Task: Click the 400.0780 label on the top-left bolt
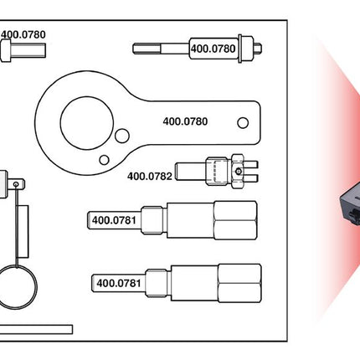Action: click(x=23, y=35)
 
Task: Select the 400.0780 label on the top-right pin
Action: click(x=213, y=49)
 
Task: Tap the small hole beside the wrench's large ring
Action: click(x=123, y=137)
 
